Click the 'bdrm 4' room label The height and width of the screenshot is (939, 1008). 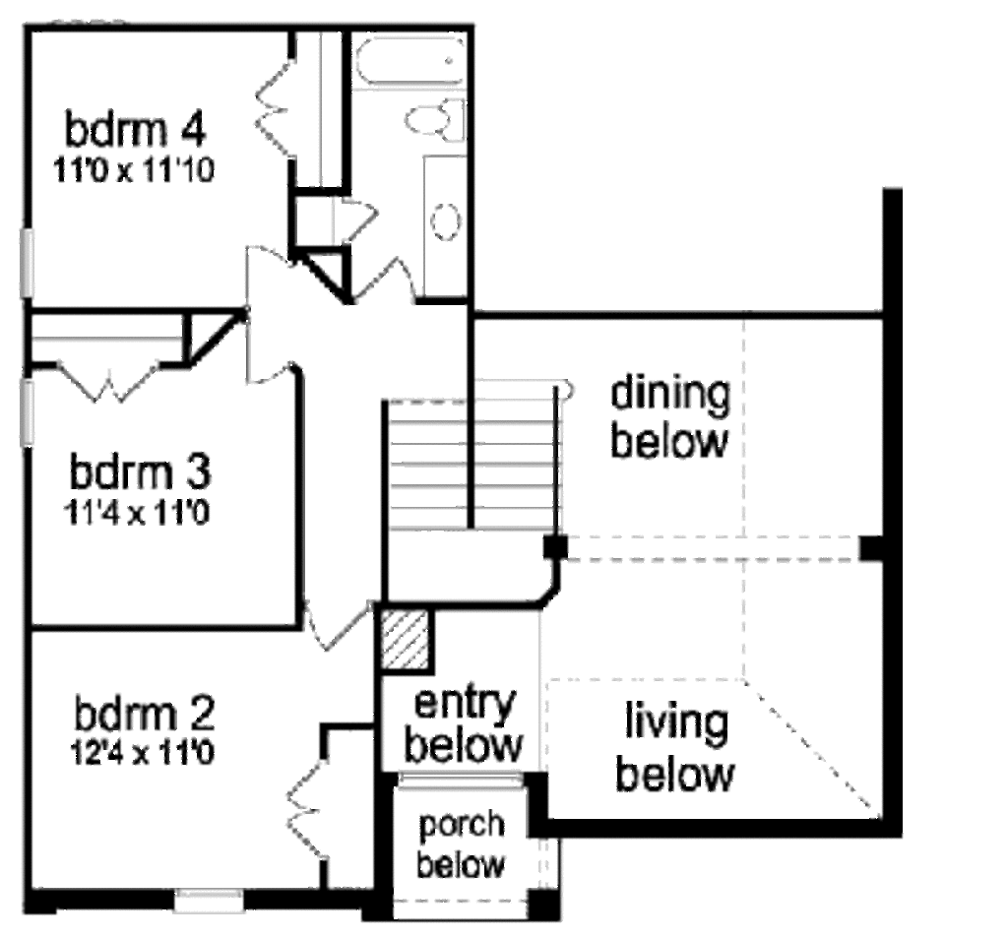[135, 129]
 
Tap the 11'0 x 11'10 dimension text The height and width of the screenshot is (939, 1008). [133, 170]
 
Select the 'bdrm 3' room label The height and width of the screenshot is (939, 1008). [140, 471]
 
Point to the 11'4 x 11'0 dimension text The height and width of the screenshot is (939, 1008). [136, 513]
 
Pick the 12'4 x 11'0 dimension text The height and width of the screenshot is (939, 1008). [142, 753]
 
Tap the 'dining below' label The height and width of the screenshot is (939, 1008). [669, 416]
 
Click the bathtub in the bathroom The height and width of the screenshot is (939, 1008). [409, 60]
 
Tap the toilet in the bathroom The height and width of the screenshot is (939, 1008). [435, 120]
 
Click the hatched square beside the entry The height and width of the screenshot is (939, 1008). [405, 640]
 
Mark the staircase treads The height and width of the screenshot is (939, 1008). [472, 464]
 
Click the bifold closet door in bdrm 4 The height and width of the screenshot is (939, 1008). [275, 108]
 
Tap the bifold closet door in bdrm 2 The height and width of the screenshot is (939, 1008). [307, 810]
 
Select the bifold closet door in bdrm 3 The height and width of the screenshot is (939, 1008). [108, 382]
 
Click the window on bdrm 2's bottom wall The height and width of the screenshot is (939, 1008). [210, 900]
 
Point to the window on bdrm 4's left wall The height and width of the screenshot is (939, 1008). [27, 263]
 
